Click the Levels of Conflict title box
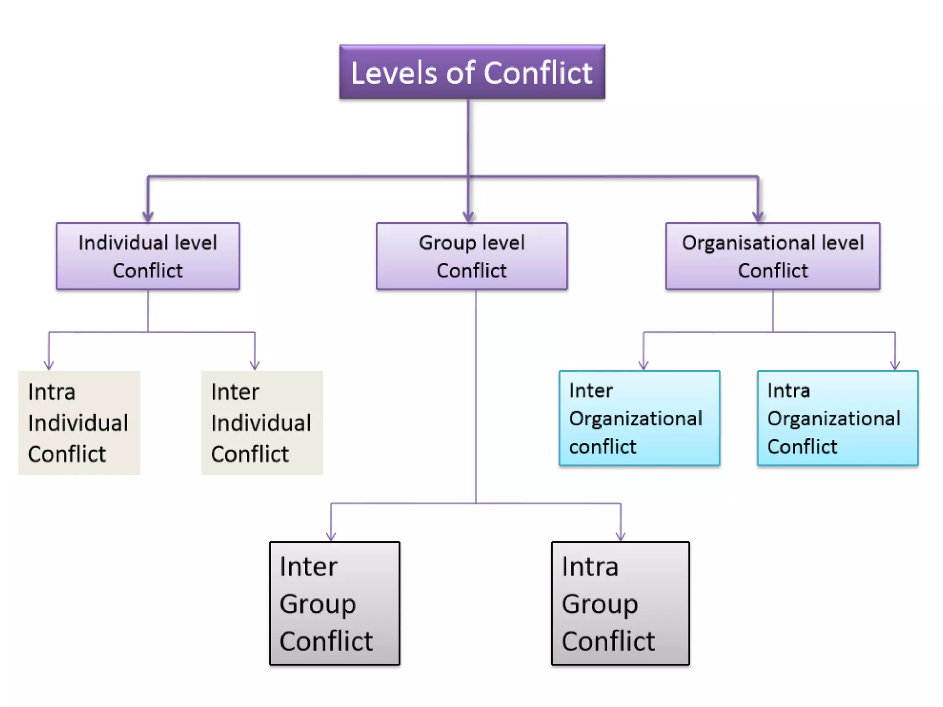click(x=472, y=72)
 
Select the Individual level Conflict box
click(x=148, y=256)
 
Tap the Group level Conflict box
click(x=471, y=256)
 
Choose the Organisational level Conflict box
click(x=773, y=256)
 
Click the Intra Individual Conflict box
click(x=79, y=423)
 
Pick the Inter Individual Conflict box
click(x=262, y=423)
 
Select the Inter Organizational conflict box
click(x=639, y=418)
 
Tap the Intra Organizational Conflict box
click(x=838, y=418)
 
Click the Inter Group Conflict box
click(x=334, y=603)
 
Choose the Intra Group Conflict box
click(x=620, y=603)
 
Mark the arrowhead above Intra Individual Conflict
click(x=49, y=365)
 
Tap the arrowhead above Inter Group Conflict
click(x=331, y=536)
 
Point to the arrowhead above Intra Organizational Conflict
click(x=895, y=365)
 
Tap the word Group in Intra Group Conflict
click(x=600, y=604)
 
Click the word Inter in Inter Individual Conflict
click(x=235, y=392)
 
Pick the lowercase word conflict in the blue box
click(x=602, y=446)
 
